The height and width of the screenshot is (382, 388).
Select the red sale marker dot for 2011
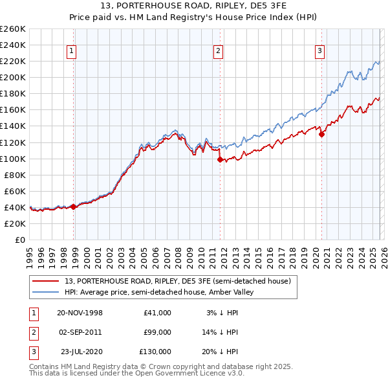[220, 159]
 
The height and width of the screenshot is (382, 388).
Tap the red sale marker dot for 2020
[321, 134]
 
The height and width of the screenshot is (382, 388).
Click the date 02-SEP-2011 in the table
[80, 332]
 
